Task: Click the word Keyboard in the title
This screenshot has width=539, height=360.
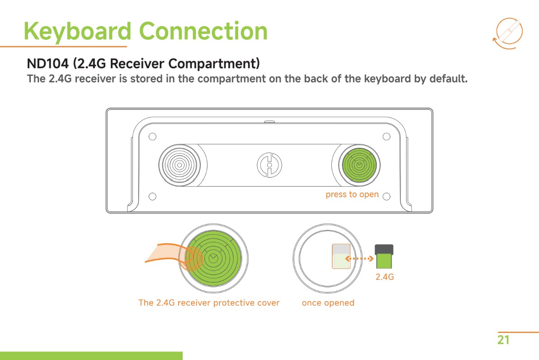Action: click(77, 31)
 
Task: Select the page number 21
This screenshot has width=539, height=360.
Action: click(503, 340)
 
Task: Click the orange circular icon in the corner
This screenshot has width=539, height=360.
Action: click(508, 33)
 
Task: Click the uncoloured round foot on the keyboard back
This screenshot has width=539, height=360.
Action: click(179, 165)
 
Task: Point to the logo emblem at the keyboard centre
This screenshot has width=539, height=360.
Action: click(269, 165)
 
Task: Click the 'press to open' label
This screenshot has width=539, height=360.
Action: click(352, 194)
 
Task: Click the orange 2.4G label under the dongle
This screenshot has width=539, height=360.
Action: click(385, 276)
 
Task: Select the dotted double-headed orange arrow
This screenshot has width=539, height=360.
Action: click(359, 259)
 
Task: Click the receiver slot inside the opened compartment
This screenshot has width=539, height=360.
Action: click(341, 257)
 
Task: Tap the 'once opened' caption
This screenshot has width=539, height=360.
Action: click(328, 303)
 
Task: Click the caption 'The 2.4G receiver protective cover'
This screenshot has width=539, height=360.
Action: click(209, 303)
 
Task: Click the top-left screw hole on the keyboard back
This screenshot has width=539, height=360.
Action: click(152, 137)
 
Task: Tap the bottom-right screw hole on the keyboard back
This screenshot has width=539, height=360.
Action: click(386, 196)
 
